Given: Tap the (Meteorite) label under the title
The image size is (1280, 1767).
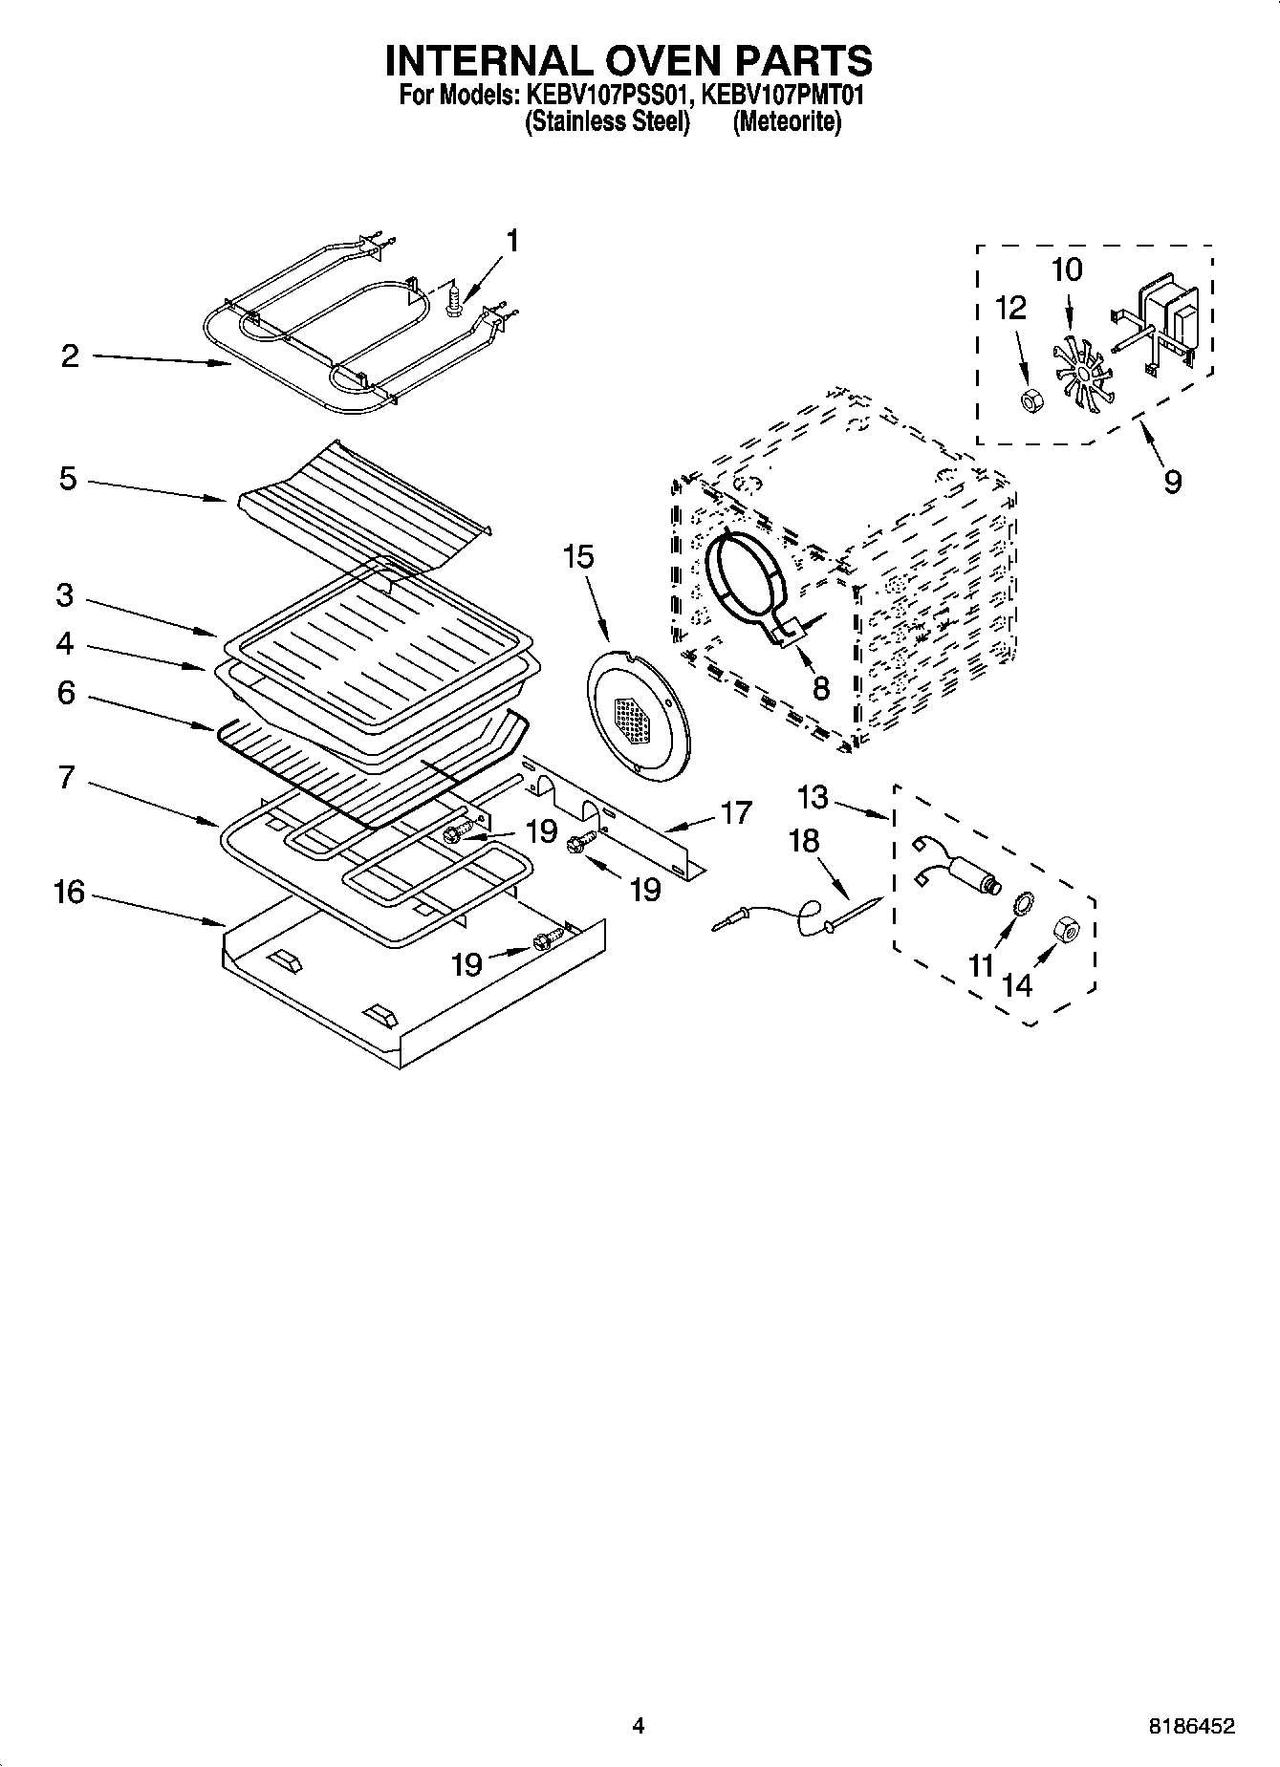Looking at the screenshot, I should (787, 122).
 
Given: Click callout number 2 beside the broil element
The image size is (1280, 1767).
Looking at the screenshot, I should (69, 356).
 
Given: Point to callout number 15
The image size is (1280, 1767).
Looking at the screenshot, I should (578, 556).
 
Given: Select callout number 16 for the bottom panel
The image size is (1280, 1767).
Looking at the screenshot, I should (69, 893).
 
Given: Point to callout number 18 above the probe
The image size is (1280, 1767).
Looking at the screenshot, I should (804, 841).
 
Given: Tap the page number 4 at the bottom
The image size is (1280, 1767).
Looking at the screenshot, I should (639, 1725).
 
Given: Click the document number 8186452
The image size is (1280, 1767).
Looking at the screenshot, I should (1191, 1725).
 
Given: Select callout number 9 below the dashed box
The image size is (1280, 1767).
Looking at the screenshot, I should (1172, 481).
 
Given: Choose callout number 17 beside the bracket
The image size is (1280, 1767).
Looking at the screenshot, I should (736, 812).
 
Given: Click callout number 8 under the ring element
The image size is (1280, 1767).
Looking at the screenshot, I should (821, 687).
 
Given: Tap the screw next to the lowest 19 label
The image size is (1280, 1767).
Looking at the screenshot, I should (542, 941).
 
